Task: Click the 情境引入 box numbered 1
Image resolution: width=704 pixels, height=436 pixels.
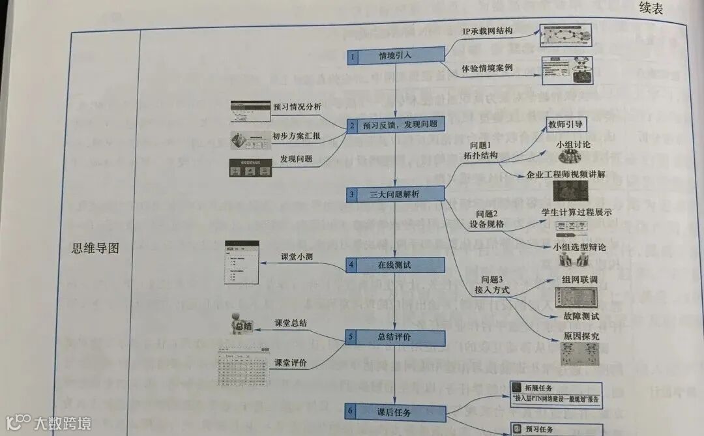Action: (395, 56)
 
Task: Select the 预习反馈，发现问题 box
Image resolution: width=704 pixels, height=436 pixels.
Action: (395, 124)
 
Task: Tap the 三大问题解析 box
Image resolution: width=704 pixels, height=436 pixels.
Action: (395, 194)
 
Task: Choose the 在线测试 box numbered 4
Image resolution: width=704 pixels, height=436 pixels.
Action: (395, 265)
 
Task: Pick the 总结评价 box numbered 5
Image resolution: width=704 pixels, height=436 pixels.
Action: (395, 338)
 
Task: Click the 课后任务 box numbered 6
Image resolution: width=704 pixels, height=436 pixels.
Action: (395, 412)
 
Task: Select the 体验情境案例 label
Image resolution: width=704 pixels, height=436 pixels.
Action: (487, 68)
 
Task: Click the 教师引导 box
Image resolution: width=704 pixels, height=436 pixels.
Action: (565, 124)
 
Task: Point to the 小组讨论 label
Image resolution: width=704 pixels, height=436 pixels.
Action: (573, 144)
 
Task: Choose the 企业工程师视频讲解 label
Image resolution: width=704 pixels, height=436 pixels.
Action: (566, 174)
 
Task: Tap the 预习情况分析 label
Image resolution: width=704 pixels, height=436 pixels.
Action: (297, 107)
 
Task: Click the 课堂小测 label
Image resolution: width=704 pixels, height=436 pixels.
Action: (297, 256)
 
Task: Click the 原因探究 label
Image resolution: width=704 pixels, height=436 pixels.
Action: (563, 336)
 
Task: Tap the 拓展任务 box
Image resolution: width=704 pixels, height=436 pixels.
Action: (556, 394)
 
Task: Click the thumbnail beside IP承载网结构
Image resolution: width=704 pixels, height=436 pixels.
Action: (566, 33)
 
